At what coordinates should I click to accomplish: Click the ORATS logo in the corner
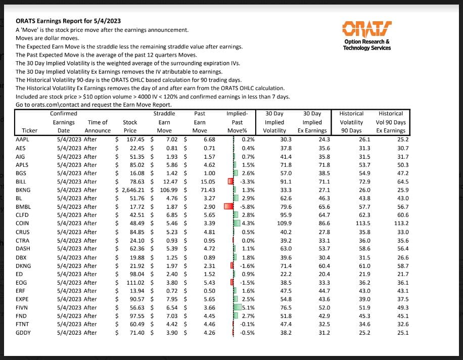click(367, 27)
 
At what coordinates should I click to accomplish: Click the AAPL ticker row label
click(23, 139)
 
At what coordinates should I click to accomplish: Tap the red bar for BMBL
click(228, 206)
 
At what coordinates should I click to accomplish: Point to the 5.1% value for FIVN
click(248, 307)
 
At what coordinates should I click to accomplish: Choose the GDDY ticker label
click(24, 332)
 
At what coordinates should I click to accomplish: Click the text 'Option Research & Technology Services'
click(366, 44)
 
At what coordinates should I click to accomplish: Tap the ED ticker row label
click(20, 274)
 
